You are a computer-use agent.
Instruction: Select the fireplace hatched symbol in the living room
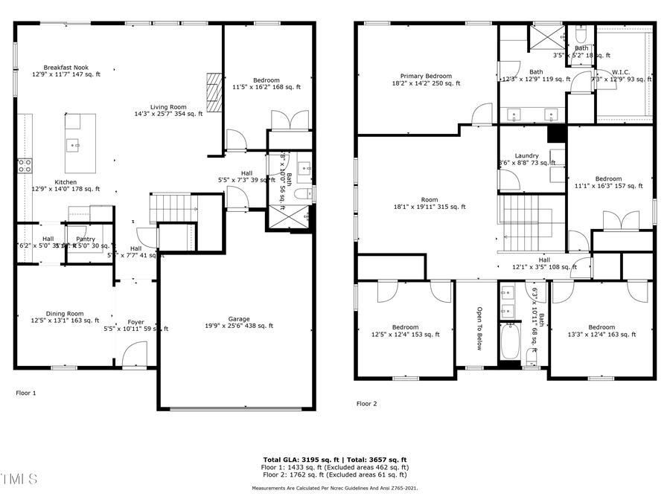click(214, 91)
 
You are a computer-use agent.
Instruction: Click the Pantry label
click(86, 239)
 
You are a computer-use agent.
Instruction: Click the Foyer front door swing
click(135, 353)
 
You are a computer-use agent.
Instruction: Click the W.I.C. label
click(621, 72)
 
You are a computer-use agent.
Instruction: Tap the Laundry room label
click(526, 155)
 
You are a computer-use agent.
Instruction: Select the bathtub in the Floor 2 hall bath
click(511, 343)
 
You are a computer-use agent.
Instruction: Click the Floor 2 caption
click(366, 404)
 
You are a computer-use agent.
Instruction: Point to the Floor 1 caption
click(25, 392)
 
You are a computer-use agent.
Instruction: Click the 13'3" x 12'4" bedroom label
click(602, 327)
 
